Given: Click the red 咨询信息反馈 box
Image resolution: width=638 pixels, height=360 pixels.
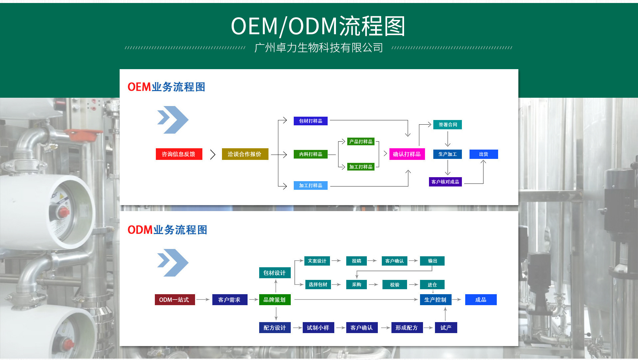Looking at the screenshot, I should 179,154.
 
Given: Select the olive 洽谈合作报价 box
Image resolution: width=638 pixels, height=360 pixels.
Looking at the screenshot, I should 245,154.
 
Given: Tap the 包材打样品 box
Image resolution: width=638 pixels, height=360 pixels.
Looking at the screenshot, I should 310,121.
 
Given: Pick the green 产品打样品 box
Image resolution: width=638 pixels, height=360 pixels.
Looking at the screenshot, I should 361,142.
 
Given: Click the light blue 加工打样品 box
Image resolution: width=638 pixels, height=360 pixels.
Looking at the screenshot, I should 310,185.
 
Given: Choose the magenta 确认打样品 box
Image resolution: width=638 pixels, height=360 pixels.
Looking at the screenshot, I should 407,154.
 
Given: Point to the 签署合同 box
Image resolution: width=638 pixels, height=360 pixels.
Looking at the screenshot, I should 447,125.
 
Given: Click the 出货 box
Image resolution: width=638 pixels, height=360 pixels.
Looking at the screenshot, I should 483,154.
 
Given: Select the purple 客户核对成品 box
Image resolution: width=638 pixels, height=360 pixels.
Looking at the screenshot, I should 445,182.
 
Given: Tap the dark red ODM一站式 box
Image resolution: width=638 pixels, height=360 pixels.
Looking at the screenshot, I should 174,300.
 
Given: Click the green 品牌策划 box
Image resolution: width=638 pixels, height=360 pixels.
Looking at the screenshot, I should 274,300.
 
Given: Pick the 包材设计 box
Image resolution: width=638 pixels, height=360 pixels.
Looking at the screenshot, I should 274,273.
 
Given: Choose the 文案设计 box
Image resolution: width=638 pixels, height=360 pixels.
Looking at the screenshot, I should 317,261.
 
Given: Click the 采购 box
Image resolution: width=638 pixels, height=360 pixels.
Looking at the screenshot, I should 356,285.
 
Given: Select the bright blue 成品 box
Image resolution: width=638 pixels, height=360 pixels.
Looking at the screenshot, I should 480,300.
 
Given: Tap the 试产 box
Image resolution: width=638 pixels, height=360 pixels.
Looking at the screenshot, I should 446,328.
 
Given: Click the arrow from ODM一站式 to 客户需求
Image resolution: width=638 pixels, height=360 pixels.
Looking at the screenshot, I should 203,300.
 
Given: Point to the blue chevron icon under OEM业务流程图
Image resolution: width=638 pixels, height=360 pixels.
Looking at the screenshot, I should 172,120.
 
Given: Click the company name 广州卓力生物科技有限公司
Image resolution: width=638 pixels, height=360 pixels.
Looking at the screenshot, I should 318,48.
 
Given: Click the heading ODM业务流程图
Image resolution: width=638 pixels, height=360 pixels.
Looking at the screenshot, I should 167,230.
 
